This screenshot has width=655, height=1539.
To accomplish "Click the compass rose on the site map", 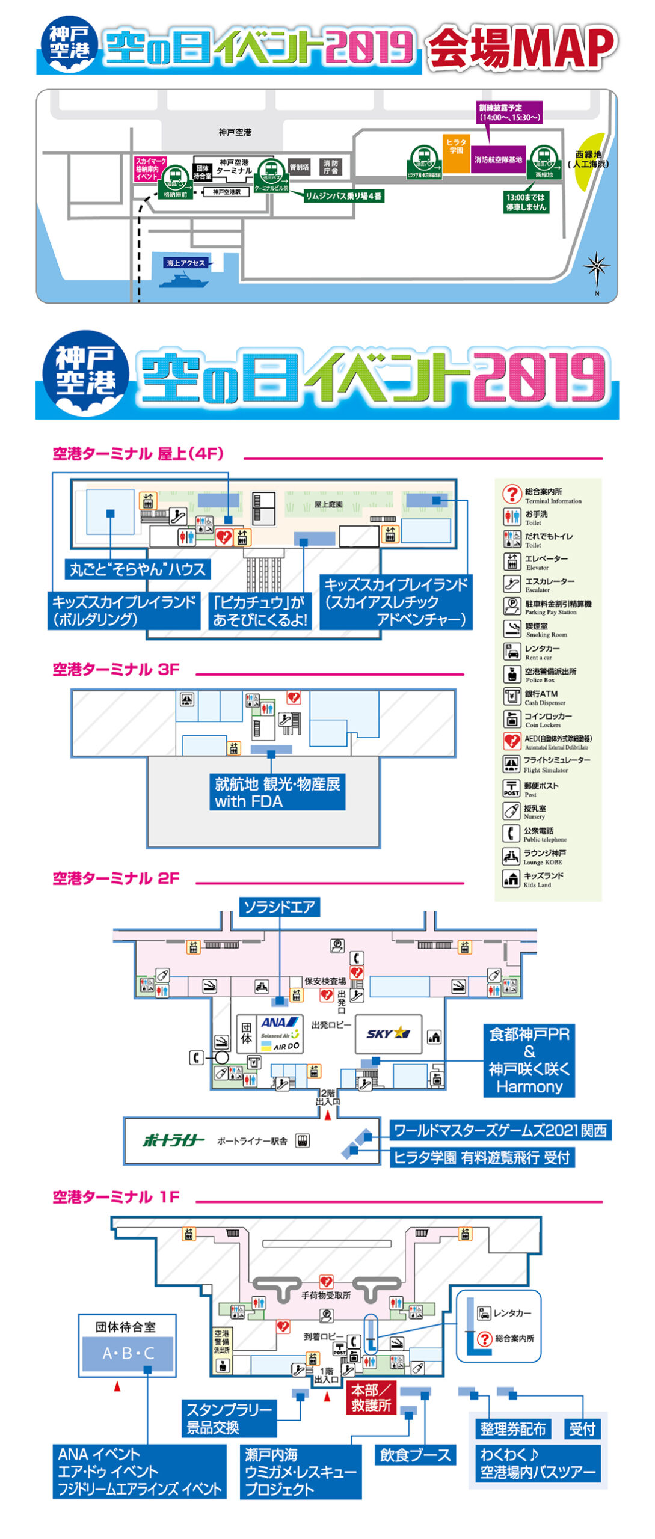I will (x=596, y=268).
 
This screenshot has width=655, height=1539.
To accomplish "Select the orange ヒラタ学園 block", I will (x=456, y=153).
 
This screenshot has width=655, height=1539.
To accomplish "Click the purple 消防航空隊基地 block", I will (x=498, y=159).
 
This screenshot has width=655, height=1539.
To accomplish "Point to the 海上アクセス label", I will (x=186, y=263).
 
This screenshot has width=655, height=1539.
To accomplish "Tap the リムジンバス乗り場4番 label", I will (x=343, y=196).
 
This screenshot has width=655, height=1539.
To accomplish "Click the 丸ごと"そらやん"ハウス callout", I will (x=138, y=569).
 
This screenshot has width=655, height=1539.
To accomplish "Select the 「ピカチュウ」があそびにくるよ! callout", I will (x=260, y=610).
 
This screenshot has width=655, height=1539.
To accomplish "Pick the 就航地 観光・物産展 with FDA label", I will (x=277, y=792).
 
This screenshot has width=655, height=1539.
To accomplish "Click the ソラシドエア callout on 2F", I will (x=279, y=906).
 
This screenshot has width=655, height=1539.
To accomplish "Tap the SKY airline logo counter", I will (x=388, y=1033).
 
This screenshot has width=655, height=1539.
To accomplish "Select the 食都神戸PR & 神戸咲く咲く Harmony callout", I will (x=529, y=1060).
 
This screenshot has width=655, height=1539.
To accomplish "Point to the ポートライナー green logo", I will (x=173, y=1140).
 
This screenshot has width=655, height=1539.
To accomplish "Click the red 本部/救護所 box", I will (x=371, y=1397).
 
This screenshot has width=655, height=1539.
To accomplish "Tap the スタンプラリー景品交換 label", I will (x=229, y=1418).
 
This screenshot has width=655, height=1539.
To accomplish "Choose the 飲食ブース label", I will (x=415, y=1455).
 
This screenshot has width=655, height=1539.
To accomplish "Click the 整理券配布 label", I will (x=512, y=1429).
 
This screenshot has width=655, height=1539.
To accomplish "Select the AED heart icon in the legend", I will (x=511, y=741).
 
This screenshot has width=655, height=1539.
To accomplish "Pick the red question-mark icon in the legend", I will (x=511, y=494).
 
